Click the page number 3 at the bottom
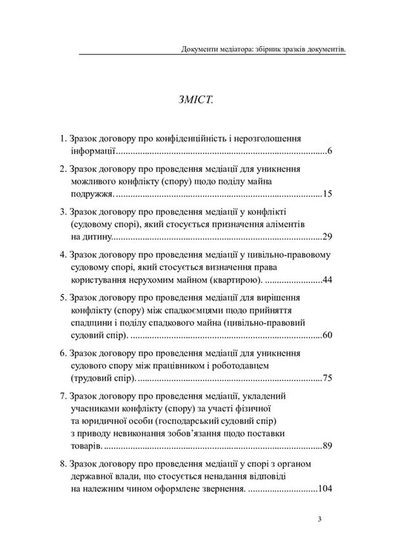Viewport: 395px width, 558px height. point(318,519)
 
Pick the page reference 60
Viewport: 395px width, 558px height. point(328,336)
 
